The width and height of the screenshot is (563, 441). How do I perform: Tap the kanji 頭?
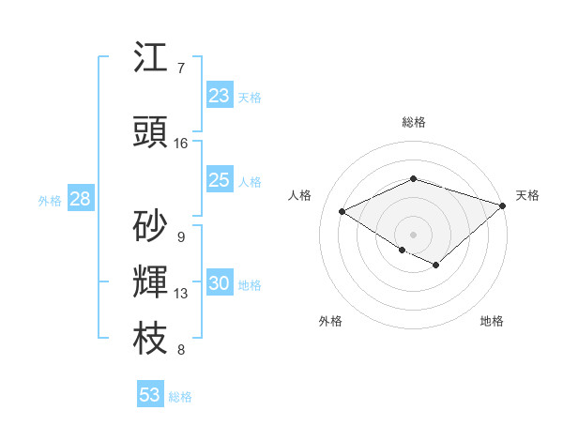pyautogui.click(x=151, y=132)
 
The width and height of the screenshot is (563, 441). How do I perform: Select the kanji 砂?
pyautogui.click(x=151, y=225)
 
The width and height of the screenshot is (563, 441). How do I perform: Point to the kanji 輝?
pyautogui.click(x=151, y=282)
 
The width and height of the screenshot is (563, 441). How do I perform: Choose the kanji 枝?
pyautogui.click(x=151, y=339)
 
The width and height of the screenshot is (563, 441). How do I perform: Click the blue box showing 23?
pyautogui.click(x=220, y=96)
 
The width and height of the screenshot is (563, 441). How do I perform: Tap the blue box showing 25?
pyautogui.click(x=220, y=180)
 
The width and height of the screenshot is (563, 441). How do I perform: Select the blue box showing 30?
pyautogui.click(x=220, y=283)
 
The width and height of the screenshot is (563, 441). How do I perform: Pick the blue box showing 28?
pyautogui.click(x=80, y=199)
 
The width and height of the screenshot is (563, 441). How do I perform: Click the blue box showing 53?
pyautogui.click(x=150, y=395)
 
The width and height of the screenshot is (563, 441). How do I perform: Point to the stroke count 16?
pyautogui.click(x=181, y=144)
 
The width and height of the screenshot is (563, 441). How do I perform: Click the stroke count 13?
pyautogui.click(x=181, y=294)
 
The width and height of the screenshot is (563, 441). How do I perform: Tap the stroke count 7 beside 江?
pyautogui.click(x=181, y=68)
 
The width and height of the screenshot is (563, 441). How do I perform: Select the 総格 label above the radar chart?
pyautogui.click(x=413, y=122)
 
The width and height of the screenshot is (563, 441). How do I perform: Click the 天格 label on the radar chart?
pyautogui.click(x=527, y=195)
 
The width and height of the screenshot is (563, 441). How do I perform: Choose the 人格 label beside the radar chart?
pyautogui.click(x=299, y=195)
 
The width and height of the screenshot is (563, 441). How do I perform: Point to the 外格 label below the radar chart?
pyautogui.click(x=330, y=321)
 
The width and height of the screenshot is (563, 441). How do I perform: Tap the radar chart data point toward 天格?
pyautogui.click(x=504, y=205)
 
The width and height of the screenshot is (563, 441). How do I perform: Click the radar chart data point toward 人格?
pyautogui.click(x=342, y=211)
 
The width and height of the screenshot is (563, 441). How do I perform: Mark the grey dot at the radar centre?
pyautogui.click(x=413, y=234)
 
